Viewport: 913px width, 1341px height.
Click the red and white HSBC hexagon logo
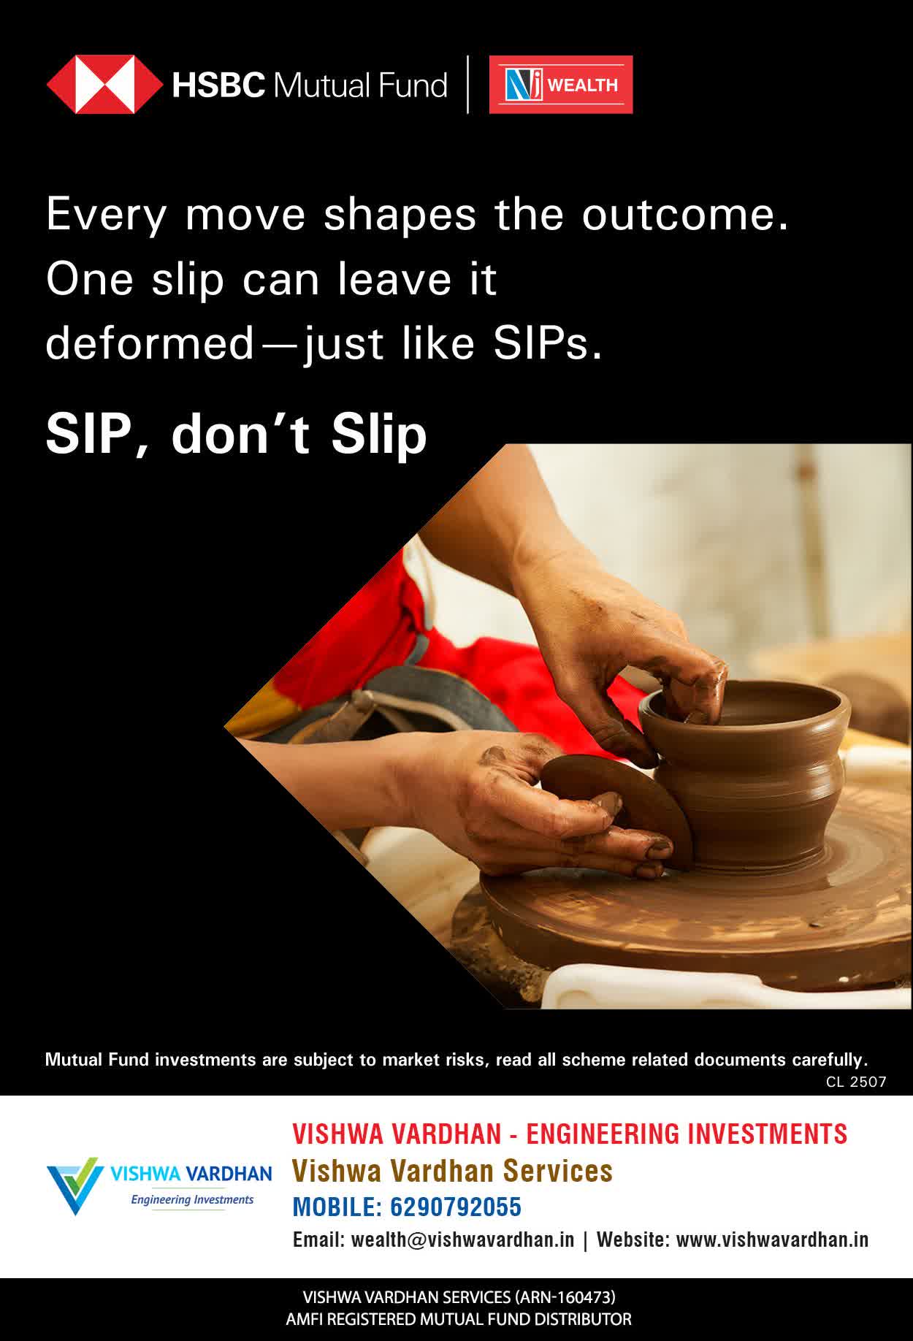coord(104,85)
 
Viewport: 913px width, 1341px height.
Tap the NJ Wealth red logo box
coord(560,85)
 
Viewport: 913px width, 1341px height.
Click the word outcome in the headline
coord(685,215)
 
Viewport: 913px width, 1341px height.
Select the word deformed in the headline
coord(150,343)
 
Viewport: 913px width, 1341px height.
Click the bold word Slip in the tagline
coord(379,435)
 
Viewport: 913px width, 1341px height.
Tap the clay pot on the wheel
coord(752,774)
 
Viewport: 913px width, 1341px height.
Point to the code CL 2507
coord(856,1082)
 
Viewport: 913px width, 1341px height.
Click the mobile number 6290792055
coord(456,1207)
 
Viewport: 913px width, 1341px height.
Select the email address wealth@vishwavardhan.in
coord(462,1239)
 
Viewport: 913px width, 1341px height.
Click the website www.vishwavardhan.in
coord(772,1239)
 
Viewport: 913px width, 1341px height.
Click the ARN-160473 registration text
coord(565,1297)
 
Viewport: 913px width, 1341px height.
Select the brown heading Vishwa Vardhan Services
coord(452,1170)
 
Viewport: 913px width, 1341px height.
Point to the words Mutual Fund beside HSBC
coord(360,85)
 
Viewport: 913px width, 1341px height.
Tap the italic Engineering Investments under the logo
coord(192,1199)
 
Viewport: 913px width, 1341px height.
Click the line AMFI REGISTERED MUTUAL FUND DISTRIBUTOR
coord(459,1320)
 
